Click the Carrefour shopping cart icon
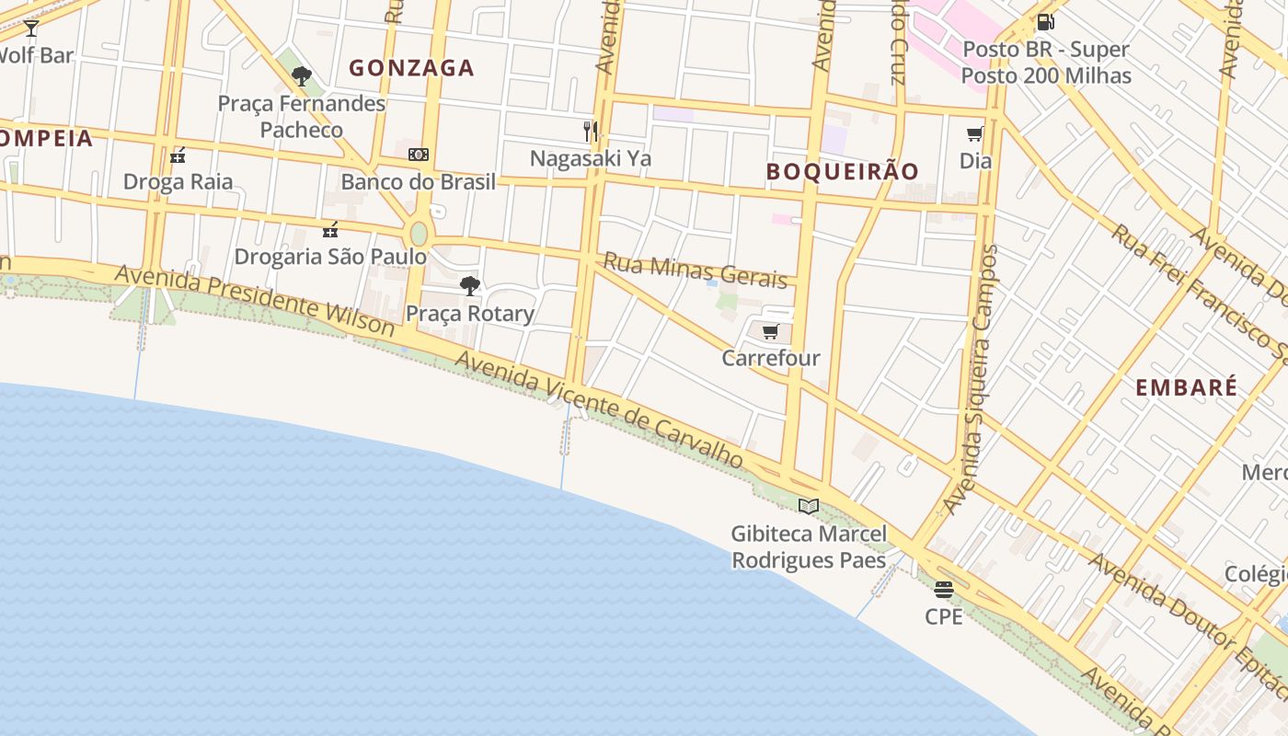click(771, 331)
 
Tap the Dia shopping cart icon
click(975, 134)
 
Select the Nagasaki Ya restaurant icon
click(591, 132)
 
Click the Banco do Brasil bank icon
click(419, 155)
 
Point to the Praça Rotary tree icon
click(470, 286)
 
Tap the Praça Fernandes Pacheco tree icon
click(301, 76)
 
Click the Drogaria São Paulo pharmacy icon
click(330, 229)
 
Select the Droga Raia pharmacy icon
click(178, 155)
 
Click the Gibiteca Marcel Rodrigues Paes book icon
click(809, 506)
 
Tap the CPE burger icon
click(944, 589)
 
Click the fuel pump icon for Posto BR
click(1045, 22)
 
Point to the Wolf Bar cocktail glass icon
click(31, 29)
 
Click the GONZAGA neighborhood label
click(411, 68)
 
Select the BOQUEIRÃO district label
click(842, 172)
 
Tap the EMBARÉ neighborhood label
click(1186, 388)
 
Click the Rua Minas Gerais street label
click(696, 270)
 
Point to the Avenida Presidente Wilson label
click(255, 301)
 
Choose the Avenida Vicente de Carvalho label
click(599, 408)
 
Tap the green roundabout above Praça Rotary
click(419, 233)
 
